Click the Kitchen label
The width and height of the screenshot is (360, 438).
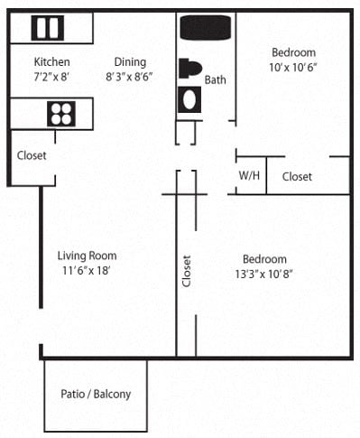[51, 62]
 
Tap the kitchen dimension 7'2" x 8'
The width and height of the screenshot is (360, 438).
[51, 77]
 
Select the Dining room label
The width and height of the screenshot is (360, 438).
[130, 62]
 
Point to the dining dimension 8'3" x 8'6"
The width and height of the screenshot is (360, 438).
[130, 77]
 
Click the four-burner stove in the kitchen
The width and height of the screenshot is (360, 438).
[61, 114]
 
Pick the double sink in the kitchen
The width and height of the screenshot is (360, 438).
[47, 29]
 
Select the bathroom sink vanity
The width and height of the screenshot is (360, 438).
[189, 98]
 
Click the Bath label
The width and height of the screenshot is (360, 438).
[216, 80]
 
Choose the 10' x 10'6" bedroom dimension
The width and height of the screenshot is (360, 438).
[293, 68]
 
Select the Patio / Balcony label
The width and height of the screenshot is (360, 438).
[96, 395]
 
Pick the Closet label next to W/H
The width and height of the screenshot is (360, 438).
[297, 177]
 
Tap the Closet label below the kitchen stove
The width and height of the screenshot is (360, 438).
[32, 155]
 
